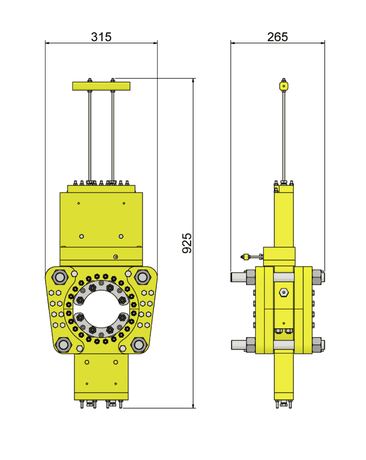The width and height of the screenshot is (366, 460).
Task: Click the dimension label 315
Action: click(x=101, y=37)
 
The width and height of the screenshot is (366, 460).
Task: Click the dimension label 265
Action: click(x=278, y=37)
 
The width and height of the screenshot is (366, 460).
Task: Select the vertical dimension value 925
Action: click(x=187, y=243)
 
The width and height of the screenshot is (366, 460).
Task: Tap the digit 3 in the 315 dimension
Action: click(x=94, y=37)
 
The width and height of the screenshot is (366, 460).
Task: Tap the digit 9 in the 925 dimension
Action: click(x=187, y=250)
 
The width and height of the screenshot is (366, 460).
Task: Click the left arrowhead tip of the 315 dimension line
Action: click(x=45, y=43)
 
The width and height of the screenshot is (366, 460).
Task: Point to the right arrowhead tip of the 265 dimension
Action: click(x=325, y=43)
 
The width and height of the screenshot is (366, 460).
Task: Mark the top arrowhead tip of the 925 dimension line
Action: click(x=193, y=78)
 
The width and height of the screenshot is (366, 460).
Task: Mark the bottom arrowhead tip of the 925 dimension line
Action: click(x=193, y=408)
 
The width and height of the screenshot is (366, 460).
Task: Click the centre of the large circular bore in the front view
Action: click(x=101, y=308)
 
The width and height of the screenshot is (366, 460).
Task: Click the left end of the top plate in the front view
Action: click(x=73, y=86)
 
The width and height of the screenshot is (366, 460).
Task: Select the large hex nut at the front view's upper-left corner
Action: click(x=60, y=277)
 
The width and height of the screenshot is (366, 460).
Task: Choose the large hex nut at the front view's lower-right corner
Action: click(x=139, y=345)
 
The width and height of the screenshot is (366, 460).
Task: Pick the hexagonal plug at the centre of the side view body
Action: click(x=284, y=293)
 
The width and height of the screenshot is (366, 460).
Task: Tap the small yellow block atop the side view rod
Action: click(x=284, y=86)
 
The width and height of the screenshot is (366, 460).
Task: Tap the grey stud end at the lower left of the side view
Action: click(x=239, y=345)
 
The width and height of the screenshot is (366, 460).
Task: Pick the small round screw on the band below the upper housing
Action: click(x=116, y=257)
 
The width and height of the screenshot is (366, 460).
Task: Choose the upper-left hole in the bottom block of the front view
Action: click(x=87, y=362)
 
